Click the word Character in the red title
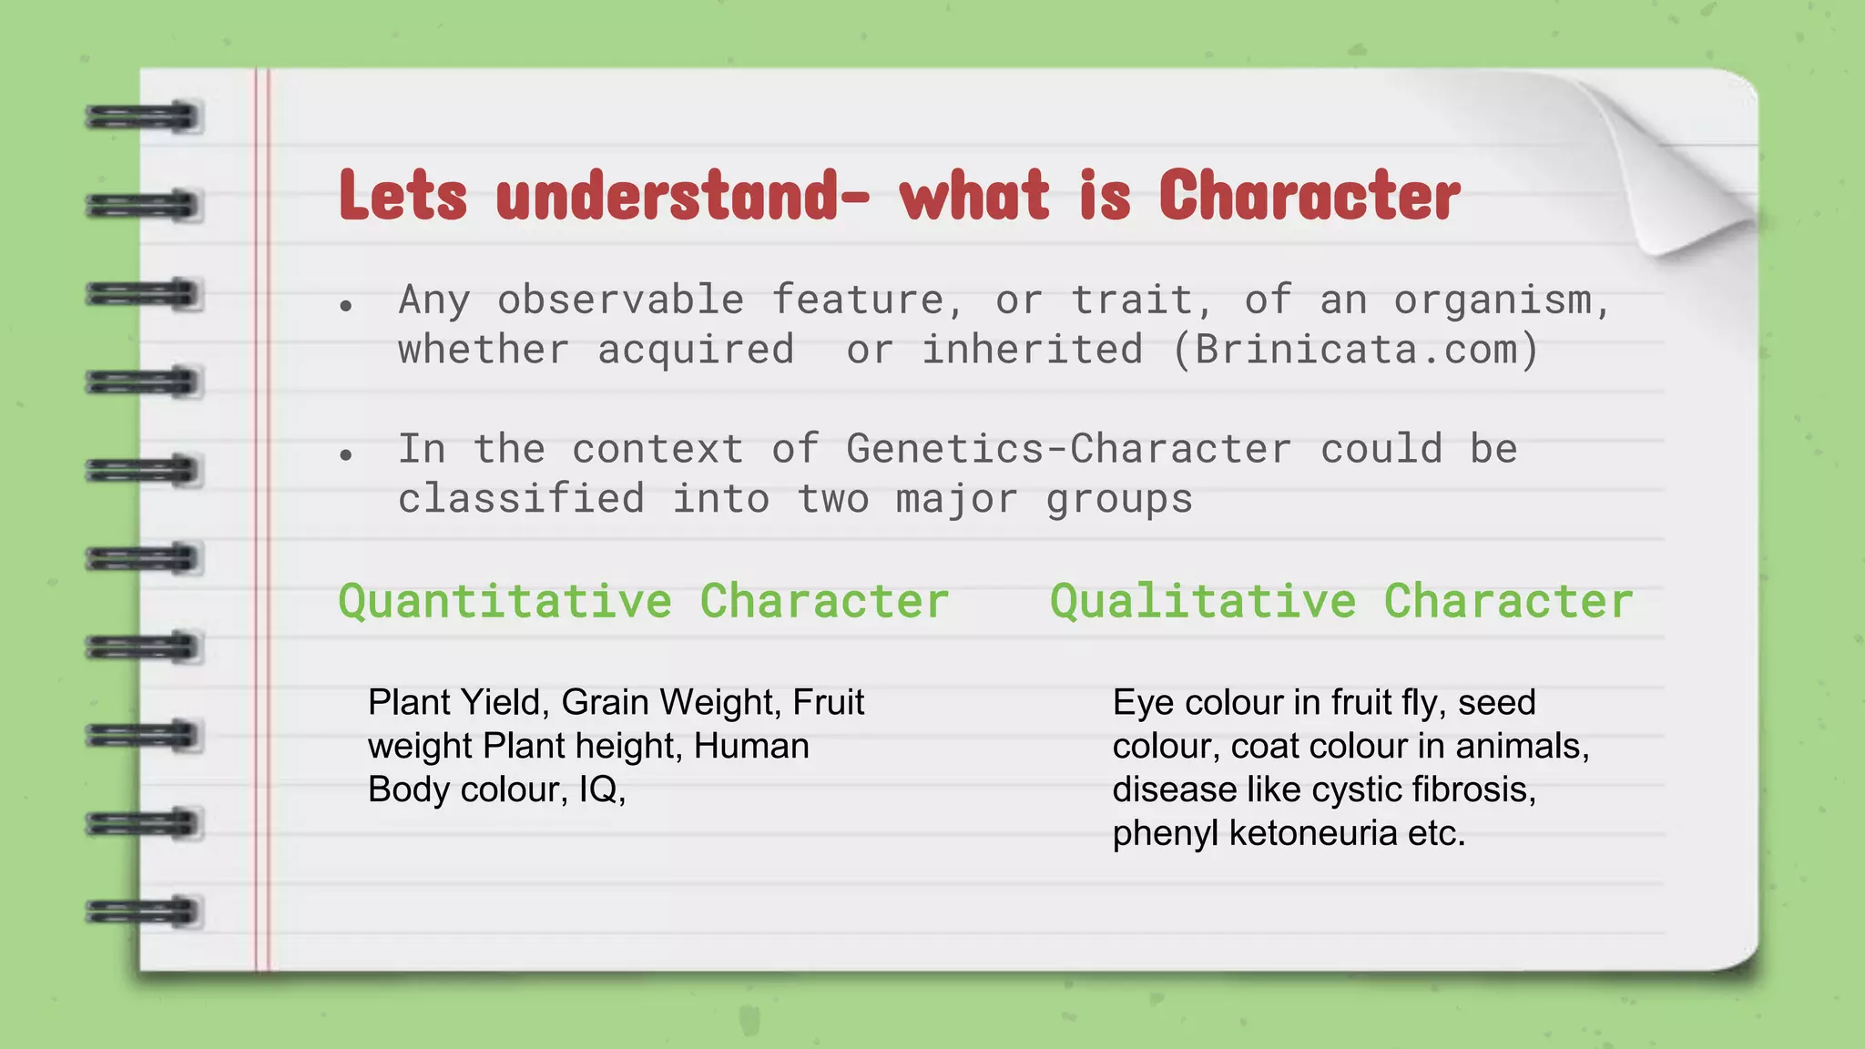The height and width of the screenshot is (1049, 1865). point(1309,196)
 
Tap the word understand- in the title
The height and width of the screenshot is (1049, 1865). point(682,196)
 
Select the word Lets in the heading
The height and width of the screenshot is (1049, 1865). point(403,196)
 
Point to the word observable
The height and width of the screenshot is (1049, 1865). point(620,300)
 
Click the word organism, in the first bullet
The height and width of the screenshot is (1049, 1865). point(1502,300)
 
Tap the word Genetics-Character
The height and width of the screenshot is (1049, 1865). point(1068,449)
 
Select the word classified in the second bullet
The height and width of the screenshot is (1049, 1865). point(521,499)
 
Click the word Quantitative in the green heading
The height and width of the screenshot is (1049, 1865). point(504,602)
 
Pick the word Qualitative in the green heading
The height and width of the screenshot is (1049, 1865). point(1203,602)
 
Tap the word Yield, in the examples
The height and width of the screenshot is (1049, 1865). point(503,702)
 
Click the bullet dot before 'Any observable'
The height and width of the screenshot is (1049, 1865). point(345,307)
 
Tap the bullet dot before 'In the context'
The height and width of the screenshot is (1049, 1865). point(345,455)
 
